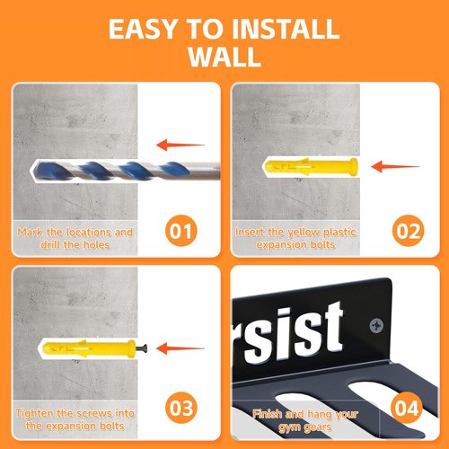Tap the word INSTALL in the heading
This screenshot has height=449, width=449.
pyautogui.click(x=286, y=29)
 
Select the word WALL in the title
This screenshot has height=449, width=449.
pyautogui.click(x=224, y=57)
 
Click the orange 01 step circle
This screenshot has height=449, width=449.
pyautogui.click(x=181, y=231)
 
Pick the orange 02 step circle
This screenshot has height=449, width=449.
pyautogui.click(x=408, y=231)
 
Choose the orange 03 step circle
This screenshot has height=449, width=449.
pyautogui.click(x=181, y=408)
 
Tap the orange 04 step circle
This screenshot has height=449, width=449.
pyautogui.click(x=406, y=408)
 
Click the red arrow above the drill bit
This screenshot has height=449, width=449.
pyautogui.click(x=180, y=145)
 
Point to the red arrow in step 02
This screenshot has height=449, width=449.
pyautogui.click(x=395, y=167)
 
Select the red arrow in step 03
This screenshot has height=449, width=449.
pyautogui.click(x=180, y=348)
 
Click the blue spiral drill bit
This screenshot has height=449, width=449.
pyautogui.click(x=126, y=171)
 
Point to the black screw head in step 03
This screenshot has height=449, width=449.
pyautogui.click(x=142, y=348)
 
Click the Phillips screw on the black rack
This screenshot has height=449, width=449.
pyautogui.click(x=376, y=325)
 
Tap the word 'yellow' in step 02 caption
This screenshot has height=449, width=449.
pyautogui.click(x=304, y=233)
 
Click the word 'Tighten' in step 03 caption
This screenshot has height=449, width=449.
pyautogui.click(x=35, y=414)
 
